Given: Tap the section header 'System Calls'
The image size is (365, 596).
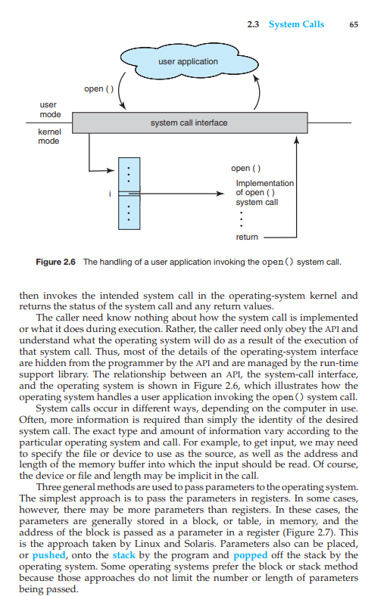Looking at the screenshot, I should [x=296, y=24].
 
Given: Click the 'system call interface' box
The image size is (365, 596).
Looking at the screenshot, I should [x=189, y=123].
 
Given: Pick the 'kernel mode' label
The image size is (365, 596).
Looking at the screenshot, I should [x=49, y=136].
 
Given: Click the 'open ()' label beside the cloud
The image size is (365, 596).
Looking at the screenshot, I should [x=98, y=89].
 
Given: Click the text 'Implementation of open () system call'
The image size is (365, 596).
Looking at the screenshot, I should [x=264, y=193].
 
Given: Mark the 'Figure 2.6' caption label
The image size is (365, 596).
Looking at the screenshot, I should [x=57, y=262].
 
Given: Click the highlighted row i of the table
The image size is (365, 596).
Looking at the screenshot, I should [x=129, y=194].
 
